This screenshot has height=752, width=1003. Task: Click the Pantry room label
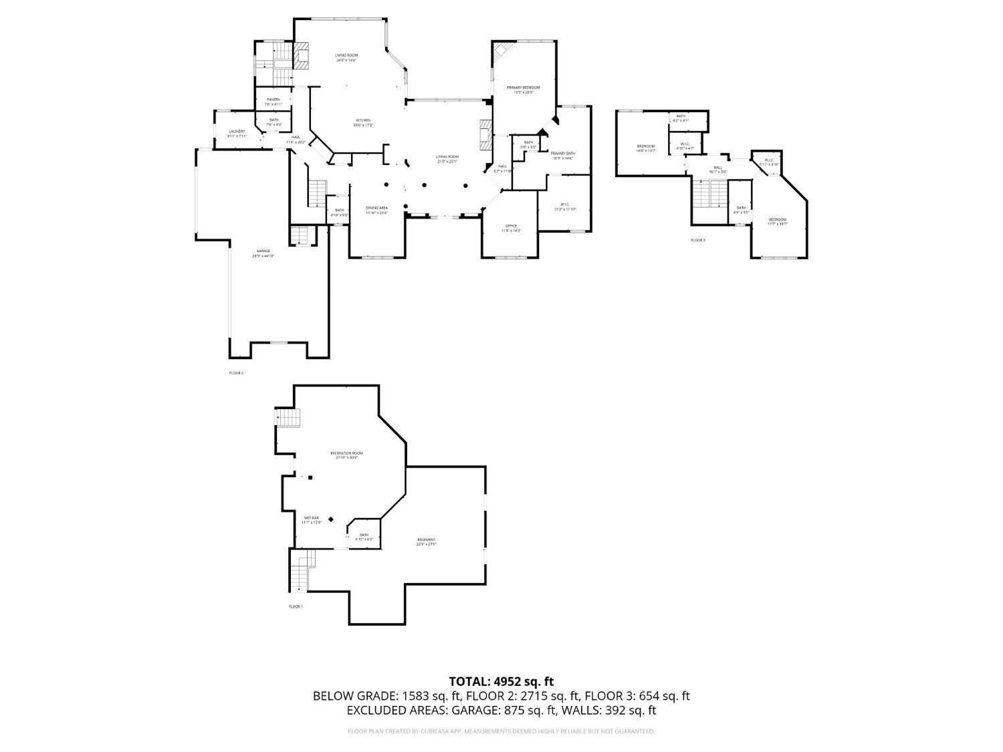(273, 100)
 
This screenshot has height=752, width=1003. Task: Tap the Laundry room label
(237, 131)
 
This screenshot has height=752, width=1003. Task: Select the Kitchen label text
(363, 120)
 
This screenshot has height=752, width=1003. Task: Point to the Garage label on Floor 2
(263, 251)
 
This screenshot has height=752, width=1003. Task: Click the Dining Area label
(376, 208)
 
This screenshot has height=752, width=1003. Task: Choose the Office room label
(511, 226)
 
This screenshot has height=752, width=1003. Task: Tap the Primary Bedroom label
(523, 88)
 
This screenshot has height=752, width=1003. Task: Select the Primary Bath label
(563, 153)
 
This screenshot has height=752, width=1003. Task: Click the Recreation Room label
(346, 453)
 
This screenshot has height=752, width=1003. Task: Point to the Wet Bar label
(312, 517)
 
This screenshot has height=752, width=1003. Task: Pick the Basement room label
(426, 539)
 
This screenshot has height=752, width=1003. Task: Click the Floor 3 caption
(698, 240)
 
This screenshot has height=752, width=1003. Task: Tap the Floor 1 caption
(296, 607)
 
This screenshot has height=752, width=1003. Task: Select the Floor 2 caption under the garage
(237, 373)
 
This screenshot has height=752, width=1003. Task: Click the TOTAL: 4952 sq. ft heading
(501, 682)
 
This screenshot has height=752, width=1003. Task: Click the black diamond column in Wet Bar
(330, 519)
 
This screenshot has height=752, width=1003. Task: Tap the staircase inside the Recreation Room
(290, 419)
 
